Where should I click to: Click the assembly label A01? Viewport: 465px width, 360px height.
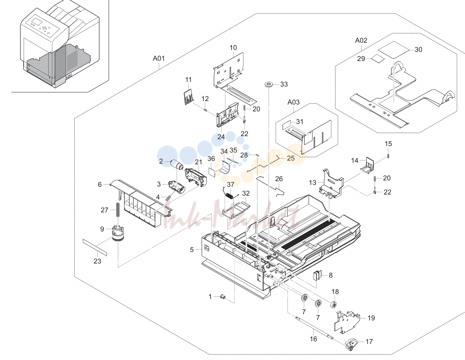[x=159, y=58]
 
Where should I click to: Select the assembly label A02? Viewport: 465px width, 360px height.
[x=361, y=40]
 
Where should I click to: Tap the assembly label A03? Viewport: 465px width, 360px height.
[x=293, y=102]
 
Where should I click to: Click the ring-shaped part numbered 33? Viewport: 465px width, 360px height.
[x=269, y=84]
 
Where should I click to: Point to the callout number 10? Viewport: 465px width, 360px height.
[x=233, y=48]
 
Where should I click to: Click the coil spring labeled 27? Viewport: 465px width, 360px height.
[x=117, y=210]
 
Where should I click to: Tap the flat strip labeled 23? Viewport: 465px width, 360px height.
[x=95, y=247]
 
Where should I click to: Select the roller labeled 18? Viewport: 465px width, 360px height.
[x=333, y=305]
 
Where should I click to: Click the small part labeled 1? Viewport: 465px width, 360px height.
[x=223, y=297]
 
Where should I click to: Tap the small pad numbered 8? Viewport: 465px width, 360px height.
[x=317, y=275]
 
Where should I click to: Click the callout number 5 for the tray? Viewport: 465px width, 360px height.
[x=192, y=250]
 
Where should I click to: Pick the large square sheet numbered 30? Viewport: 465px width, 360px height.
[x=394, y=50]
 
